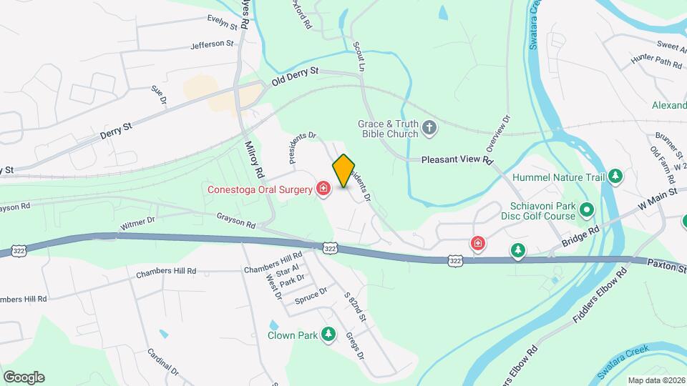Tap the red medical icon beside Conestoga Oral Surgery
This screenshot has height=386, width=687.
pos(323,189)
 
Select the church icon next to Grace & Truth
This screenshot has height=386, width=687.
pos(429,129)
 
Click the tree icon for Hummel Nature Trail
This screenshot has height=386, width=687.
pos(615,177)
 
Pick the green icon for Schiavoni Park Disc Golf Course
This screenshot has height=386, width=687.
pos(587,210)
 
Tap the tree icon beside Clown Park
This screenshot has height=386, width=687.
pos(328,334)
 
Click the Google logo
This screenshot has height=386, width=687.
pos(24,377)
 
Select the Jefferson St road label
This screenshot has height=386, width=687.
pos(213,44)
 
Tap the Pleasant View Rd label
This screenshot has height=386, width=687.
pos(457,160)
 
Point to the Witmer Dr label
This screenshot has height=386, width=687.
pos(137,224)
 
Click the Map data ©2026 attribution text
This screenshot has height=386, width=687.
pos(656,380)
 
